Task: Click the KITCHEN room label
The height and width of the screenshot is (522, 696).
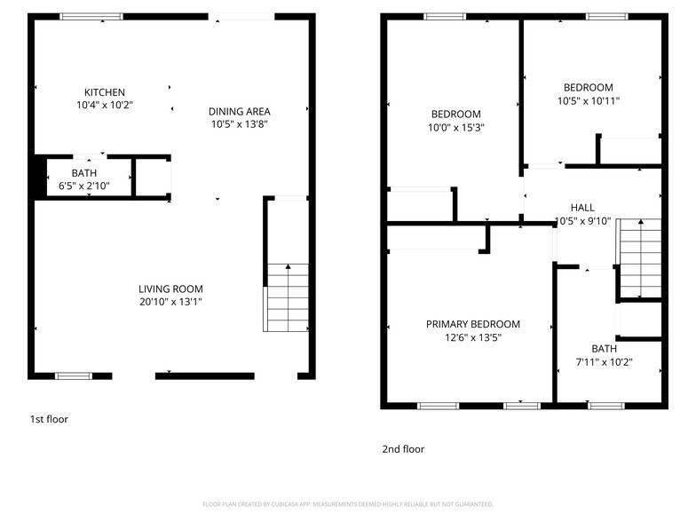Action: click(x=105, y=92)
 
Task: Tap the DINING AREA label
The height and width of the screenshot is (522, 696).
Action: click(x=240, y=111)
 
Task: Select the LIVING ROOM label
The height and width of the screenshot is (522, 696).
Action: click(x=170, y=289)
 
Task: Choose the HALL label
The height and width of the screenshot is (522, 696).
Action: click(x=582, y=207)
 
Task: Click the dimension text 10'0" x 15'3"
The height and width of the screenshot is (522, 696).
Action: click(x=456, y=127)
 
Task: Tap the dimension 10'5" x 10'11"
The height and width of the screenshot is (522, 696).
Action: click(x=589, y=100)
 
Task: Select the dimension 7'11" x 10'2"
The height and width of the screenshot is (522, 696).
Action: click(x=604, y=361)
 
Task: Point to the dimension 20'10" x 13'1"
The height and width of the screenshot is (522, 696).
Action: click(x=170, y=302)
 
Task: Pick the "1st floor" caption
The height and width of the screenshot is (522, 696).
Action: click(x=49, y=419)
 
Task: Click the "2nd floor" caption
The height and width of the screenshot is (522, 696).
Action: click(x=403, y=449)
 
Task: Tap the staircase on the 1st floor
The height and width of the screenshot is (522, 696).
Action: click(x=287, y=297)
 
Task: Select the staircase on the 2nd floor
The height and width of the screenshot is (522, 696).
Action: click(x=640, y=258)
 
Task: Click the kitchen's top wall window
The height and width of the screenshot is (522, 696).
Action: click(x=91, y=16)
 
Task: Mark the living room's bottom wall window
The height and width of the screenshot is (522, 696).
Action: click(x=74, y=376)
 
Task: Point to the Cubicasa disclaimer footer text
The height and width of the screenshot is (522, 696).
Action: click(x=348, y=503)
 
